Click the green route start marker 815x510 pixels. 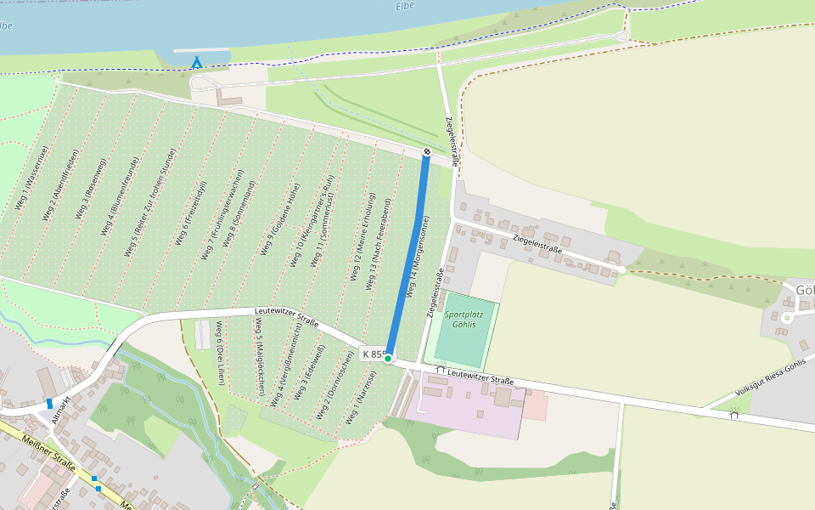[x=388, y=359]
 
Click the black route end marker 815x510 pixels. [x=427, y=151]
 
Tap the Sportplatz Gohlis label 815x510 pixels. [x=464, y=320]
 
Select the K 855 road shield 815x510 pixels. [x=374, y=354]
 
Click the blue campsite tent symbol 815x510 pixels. [x=197, y=62]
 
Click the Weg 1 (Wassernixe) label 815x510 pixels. [x=31, y=178]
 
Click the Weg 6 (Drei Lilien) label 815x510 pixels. [x=220, y=354]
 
